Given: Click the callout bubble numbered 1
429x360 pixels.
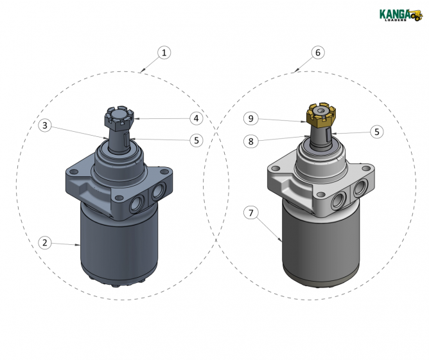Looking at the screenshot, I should pos(164,53).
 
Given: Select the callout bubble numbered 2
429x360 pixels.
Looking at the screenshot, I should pos(44,242).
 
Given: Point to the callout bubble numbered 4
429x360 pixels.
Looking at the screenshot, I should pos(196,118).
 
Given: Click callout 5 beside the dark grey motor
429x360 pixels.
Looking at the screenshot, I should pos(196,139).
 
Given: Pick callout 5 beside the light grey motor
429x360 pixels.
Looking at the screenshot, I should pos(378,131).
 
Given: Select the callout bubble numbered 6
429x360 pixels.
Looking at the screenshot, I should pos(317,53).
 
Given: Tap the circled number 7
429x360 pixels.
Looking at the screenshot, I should pos(252,212).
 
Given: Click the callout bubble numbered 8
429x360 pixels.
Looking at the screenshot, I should pos(252,139).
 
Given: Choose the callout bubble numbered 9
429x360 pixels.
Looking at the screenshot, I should pos(252,118).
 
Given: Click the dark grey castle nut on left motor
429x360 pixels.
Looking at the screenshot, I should pos(116,118).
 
